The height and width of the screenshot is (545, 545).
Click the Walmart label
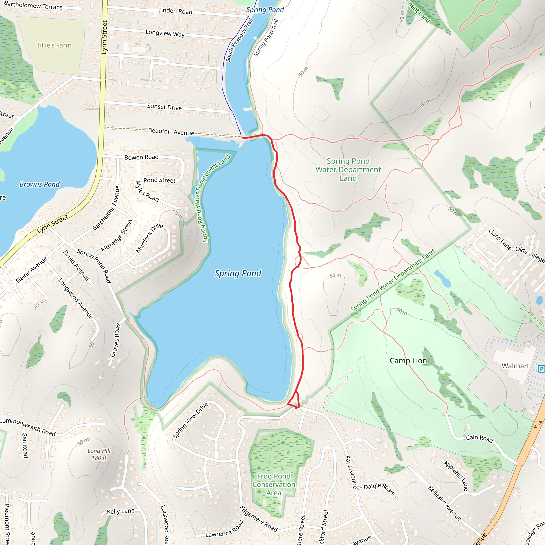point(515,366)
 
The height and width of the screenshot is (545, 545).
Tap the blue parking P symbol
point(541,369)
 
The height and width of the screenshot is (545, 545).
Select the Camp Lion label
point(408,361)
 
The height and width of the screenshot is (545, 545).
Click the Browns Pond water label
point(39,184)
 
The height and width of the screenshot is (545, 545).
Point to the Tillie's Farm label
point(54,46)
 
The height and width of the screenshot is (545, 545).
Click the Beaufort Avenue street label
point(171,132)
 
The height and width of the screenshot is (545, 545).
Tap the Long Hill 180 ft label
point(99,454)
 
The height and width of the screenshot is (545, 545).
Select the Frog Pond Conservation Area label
point(274,484)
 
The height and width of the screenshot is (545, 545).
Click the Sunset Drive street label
point(164,107)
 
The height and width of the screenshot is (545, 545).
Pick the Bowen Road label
point(141,157)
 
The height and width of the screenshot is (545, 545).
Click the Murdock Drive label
point(149,238)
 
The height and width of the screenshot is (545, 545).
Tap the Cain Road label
point(480,438)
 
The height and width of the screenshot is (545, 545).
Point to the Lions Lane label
point(500,240)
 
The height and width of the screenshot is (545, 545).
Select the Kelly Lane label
point(121,511)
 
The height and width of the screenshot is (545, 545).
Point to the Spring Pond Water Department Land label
point(348,170)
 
